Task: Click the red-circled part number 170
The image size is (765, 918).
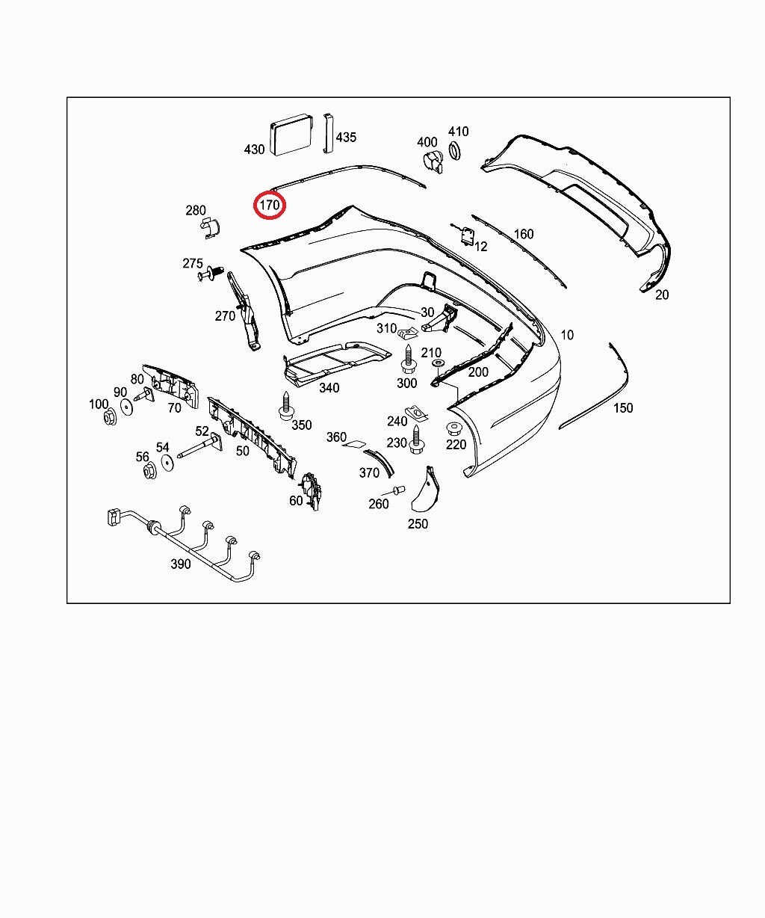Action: (x=269, y=205)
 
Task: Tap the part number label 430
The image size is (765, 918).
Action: (x=254, y=150)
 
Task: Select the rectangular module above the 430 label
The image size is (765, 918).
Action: (x=292, y=135)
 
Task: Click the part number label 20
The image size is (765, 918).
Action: (x=662, y=295)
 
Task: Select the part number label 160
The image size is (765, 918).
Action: (x=524, y=234)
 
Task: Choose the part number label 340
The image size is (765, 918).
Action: (x=329, y=387)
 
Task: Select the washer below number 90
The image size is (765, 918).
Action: (x=126, y=407)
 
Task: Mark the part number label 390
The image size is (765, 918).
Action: (x=181, y=564)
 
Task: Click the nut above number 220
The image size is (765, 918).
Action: (x=453, y=429)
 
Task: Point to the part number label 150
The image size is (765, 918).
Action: (x=622, y=407)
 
